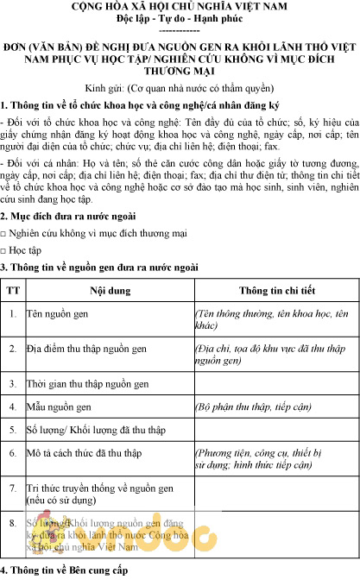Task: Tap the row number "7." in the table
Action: (x=12, y=488)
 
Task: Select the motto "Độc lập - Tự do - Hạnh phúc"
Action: (x=180, y=18)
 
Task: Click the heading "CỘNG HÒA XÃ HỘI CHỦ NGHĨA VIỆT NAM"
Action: (x=180, y=6)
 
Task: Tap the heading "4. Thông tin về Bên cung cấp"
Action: (x=64, y=571)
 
